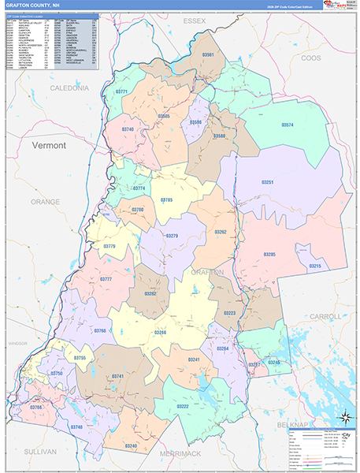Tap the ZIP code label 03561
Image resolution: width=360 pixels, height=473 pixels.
(208, 55)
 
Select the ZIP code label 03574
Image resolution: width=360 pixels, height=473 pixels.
(288, 125)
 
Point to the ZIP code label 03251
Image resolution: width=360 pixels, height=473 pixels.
(269, 182)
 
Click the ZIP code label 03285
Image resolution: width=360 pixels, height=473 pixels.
(269, 255)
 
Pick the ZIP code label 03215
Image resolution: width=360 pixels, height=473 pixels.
(314, 266)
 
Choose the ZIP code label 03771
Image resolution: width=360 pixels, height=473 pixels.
(122, 92)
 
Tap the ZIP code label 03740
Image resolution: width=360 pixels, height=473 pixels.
(128, 129)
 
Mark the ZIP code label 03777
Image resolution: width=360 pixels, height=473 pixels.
(106, 279)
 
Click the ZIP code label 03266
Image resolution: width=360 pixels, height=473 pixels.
(160, 333)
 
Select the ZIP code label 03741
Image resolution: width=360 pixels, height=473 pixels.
(117, 377)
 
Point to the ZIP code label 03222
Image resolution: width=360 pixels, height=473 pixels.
(183, 406)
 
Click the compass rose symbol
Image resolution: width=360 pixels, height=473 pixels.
(344, 418)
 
